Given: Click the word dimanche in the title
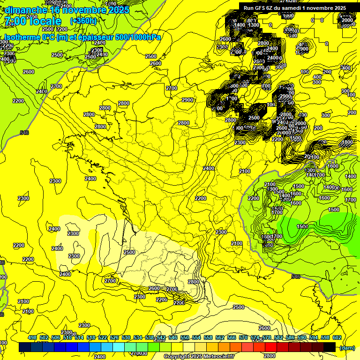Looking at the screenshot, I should (x=25, y=10).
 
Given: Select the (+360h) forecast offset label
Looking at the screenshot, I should (x=83, y=21).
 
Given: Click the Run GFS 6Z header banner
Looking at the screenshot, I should (x=294, y=7).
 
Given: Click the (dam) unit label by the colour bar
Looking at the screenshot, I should (x=346, y=347).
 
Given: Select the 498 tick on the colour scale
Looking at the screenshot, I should (x=32, y=337).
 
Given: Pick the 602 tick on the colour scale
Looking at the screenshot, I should (x=337, y=337).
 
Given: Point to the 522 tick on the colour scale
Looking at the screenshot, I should (x=103, y=337).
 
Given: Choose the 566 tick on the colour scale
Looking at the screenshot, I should (x=232, y=337).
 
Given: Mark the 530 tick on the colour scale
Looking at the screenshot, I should (x=126, y=337).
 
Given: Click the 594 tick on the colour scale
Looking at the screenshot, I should (x=314, y=337).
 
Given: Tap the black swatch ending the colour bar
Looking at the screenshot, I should (x=330, y=347).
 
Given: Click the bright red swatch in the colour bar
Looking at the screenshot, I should (x=271, y=347).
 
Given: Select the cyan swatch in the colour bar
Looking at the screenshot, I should (x=119, y=347).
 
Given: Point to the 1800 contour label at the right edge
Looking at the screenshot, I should (x=347, y=142).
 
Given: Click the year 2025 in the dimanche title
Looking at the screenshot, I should (x=115, y=10).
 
